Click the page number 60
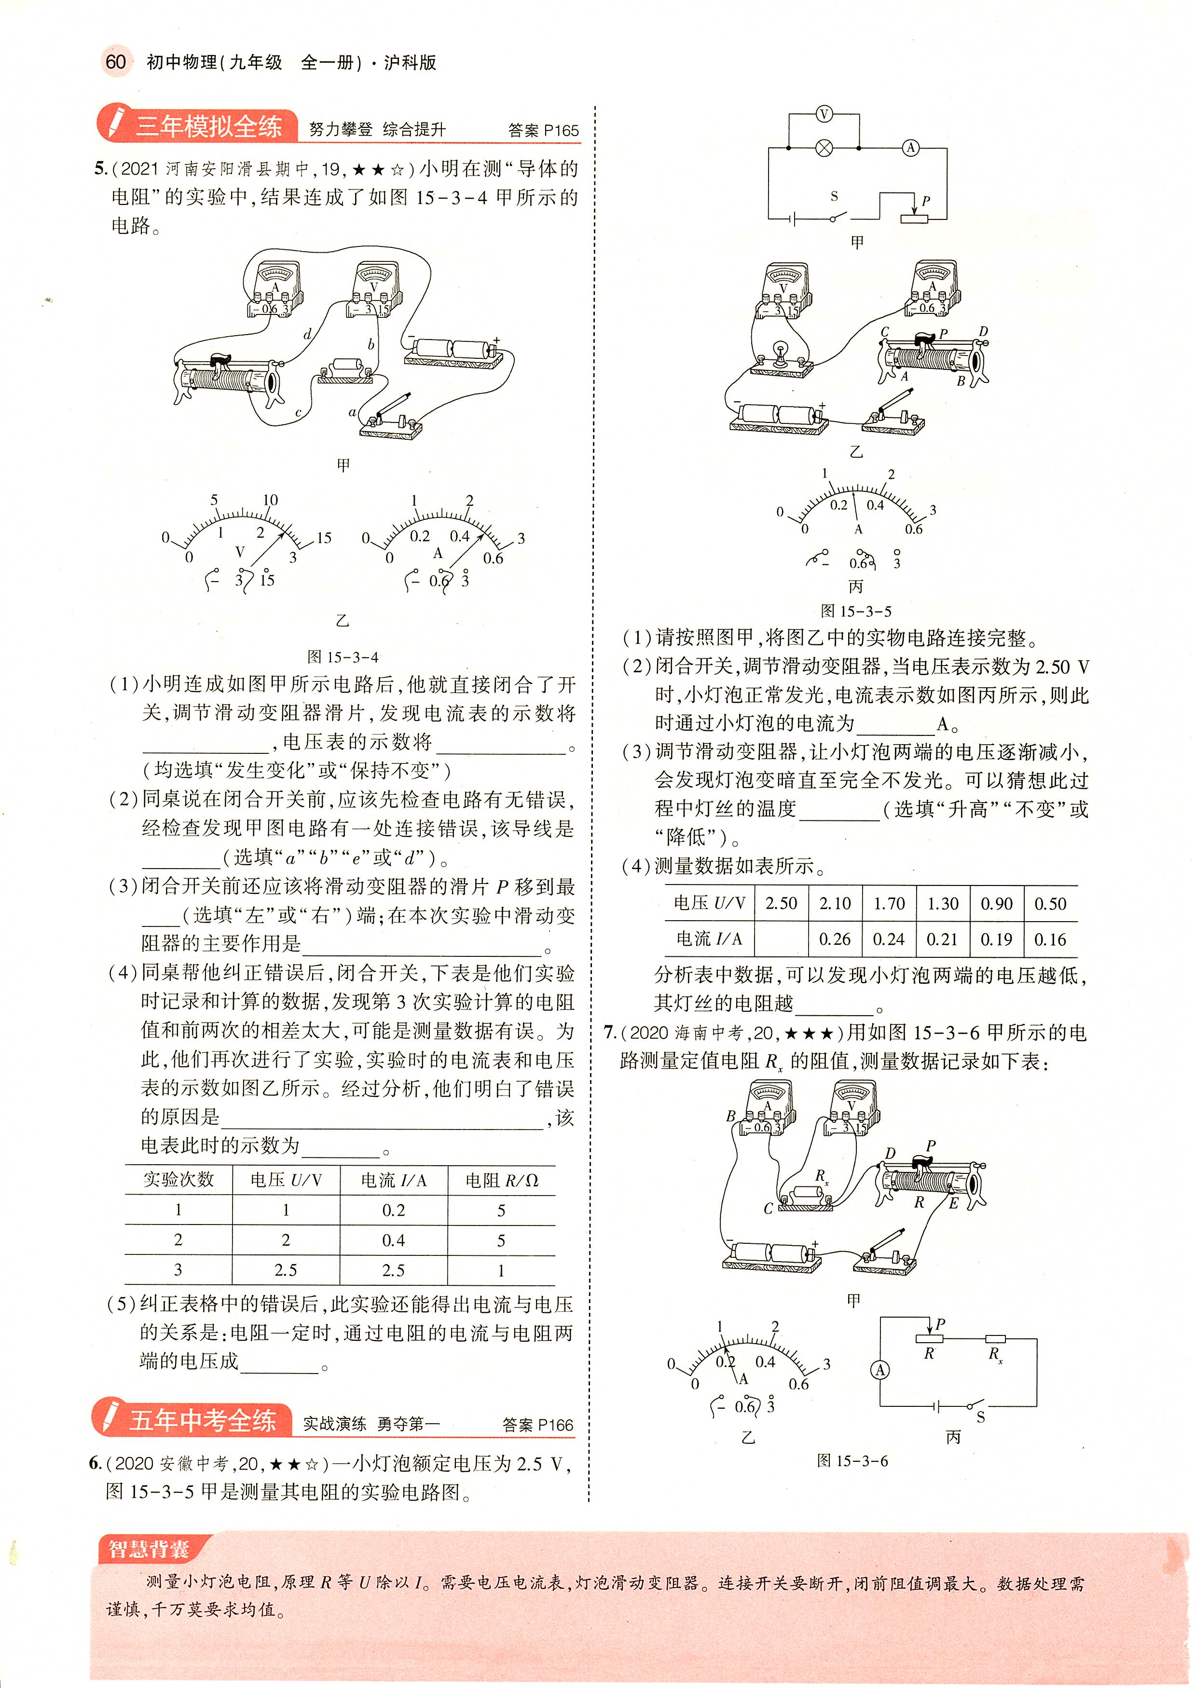pos(115,62)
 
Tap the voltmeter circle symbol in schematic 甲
pos(824,114)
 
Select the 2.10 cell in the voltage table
pos(835,904)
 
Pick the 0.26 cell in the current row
pos(835,939)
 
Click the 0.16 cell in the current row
pos(1050,939)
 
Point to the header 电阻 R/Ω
pos(501,1181)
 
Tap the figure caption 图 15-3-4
pos(343,657)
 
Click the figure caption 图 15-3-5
pos(856,611)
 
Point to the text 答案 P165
pos(543,131)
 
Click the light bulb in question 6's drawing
pos(780,352)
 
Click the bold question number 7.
pos(610,1033)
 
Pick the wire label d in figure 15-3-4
pos(308,335)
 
